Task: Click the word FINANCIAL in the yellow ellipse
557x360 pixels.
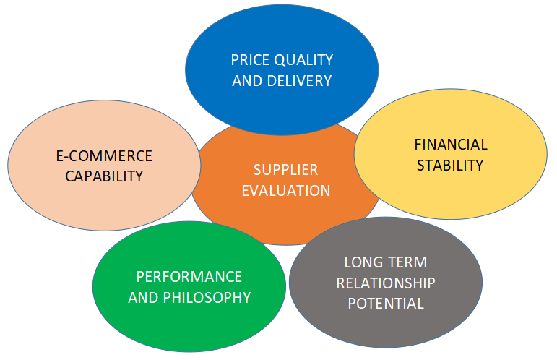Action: point(451,145)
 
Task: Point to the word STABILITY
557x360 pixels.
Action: point(449,165)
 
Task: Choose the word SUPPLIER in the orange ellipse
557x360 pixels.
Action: point(285,170)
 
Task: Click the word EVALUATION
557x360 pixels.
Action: point(286,191)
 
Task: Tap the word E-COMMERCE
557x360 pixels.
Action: point(104,156)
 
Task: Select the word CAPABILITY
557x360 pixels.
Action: point(104,176)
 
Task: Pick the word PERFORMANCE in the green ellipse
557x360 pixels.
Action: point(189,277)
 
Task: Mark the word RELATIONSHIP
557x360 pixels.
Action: point(386,282)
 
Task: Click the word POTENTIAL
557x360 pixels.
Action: point(386,303)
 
